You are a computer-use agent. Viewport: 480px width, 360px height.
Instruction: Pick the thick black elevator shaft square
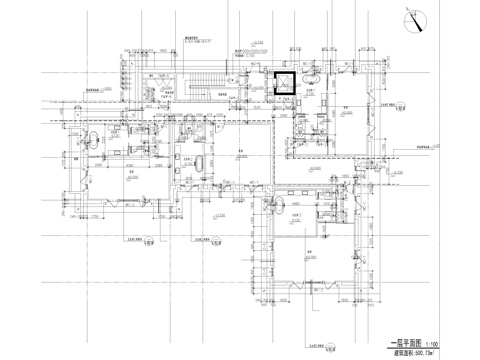click(285, 84)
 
